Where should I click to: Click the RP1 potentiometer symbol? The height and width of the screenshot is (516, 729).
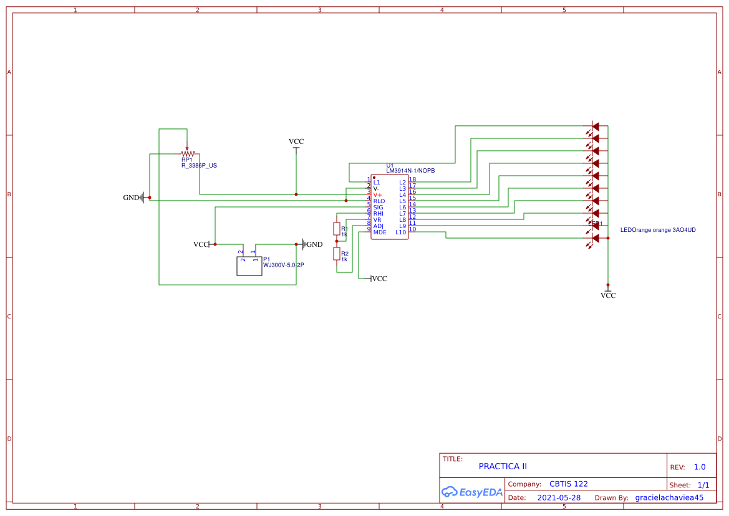tap(187, 153)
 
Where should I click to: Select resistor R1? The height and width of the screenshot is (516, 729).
tap(337, 228)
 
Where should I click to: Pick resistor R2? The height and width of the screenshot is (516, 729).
tap(337, 253)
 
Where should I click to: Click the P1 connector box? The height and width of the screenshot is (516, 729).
tap(249, 266)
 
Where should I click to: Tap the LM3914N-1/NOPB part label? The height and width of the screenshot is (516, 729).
tap(410, 171)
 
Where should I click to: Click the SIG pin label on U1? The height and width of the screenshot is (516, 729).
tap(378, 208)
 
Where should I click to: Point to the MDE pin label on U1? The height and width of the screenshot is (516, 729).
tap(379, 232)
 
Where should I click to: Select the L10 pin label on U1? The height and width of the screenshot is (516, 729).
tap(400, 232)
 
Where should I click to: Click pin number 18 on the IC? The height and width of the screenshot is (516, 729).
tap(412, 179)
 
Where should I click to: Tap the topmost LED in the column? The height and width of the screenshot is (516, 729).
tap(595, 127)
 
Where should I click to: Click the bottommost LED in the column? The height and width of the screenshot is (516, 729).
tap(595, 238)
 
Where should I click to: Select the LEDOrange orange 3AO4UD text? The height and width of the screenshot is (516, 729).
tap(657, 230)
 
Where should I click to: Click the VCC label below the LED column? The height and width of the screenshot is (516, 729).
tap(608, 295)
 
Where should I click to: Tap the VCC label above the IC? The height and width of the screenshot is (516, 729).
tap(296, 141)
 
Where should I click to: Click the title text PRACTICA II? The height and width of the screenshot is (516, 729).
tap(503, 466)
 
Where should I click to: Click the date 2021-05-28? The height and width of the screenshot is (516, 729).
tap(559, 498)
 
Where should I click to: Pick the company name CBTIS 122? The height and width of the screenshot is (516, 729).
tap(568, 484)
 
